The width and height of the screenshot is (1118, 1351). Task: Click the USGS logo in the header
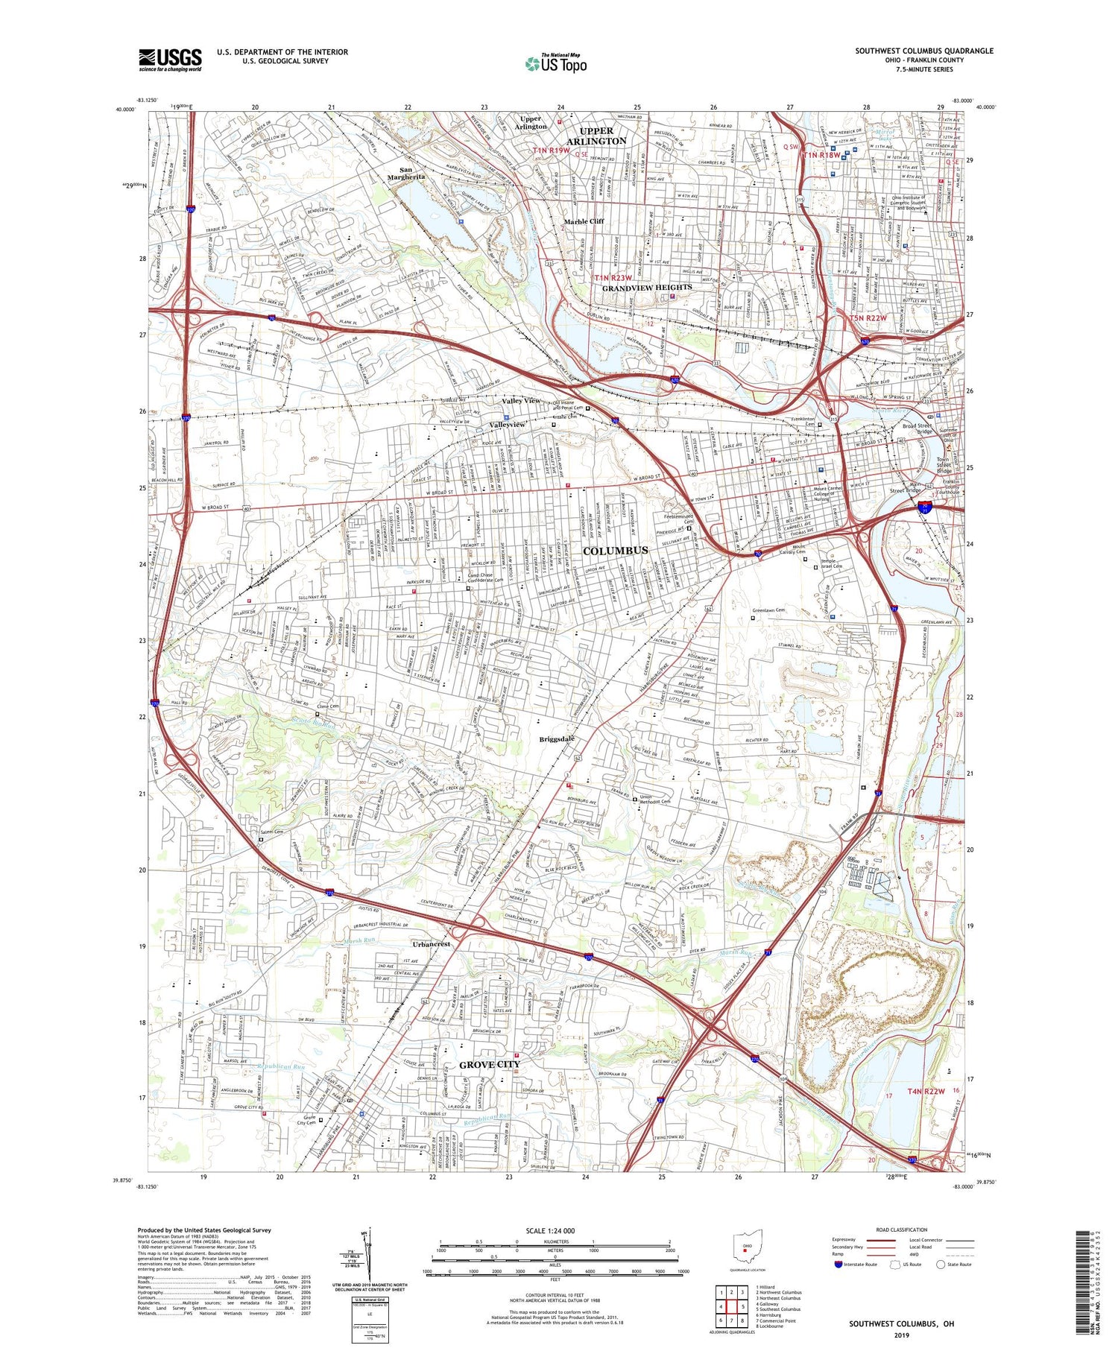tap(170, 60)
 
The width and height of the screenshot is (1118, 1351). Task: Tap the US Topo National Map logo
tap(555, 63)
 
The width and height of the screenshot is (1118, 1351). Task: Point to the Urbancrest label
tap(432, 943)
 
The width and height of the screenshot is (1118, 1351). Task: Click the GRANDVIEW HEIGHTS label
tap(647, 287)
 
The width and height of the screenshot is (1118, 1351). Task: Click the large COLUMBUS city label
tap(615, 550)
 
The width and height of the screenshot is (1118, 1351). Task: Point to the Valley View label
tap(521, 400)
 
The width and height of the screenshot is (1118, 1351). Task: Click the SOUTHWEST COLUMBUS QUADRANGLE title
tap(923, 51)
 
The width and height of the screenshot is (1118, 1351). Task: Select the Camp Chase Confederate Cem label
tap(484, 578)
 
